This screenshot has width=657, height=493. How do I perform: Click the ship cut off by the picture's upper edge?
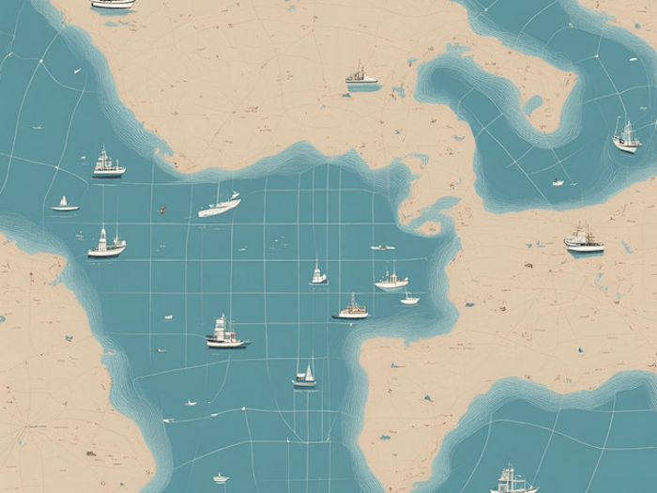pyautogui.click(x=114, y=4)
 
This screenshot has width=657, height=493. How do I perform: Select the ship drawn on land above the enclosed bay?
pyautogui.click(x=360, y=77)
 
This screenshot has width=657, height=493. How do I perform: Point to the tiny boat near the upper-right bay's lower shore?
pyautogui.click(x=558, y=182)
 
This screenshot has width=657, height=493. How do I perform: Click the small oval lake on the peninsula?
pyautogui.click(x=533, y=104)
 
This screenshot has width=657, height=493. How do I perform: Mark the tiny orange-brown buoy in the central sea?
pyautogui.click(x=161, y=208)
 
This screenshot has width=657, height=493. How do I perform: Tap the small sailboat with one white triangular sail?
pyautogui.click(x=65, y=204)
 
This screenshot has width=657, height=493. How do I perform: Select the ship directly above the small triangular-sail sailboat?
pyautogui.click(x=108, y=165)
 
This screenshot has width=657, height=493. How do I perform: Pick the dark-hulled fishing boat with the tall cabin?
pyautogui.click(x=225, y=333)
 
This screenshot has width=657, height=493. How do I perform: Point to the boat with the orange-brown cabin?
pyautogui.click(x=353, y=308)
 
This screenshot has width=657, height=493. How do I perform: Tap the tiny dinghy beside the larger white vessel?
pyautogui.click(x=409, y=299)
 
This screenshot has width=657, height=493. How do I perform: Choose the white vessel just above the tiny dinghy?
pyautogui.click(x=391, y=279)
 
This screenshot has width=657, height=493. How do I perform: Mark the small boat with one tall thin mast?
pyautogui.click(x=318, y=274)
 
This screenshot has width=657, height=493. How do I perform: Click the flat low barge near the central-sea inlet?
pyautogui.click(x=382, y=247)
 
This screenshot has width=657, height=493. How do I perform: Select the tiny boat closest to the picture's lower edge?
pyautogui.click(x=221, y=478)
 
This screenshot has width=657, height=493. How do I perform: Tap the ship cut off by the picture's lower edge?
pyautogui.click(x=512, y=482)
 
